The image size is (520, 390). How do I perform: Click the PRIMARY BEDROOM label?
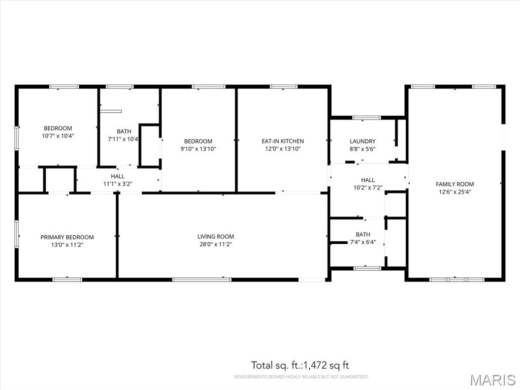pyautogui.click(x=67, y=237)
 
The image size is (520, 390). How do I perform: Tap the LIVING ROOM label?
pyautogui.click(x=215, y=237)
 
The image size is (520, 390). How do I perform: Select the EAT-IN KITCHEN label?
pyautogui.click(x=282, y=141)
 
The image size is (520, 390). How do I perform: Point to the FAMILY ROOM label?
pyautogui.click(x=454, y=184)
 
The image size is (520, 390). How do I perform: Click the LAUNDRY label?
pyautogui.click(x=363, y=141)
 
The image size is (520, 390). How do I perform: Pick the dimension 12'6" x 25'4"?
pyautogui.click(x=454, y=191)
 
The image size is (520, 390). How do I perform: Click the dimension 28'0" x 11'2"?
pyautogui.click(x=215, y=244)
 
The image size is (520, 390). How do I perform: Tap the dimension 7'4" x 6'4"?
pyautogui.click(x=363, y=242)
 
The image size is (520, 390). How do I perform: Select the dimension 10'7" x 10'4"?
pyautogui.click(x=58, y=136)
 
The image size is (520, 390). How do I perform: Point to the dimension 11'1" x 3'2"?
pyautogui.click(x=118, y=184)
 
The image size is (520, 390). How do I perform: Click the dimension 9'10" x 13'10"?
pyautogui.click(x=198, y=149)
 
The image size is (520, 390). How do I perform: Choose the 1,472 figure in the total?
pyautogui.click(x=314, y=366)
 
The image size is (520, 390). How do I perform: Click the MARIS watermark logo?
pyautogui.click(x=493, y=380)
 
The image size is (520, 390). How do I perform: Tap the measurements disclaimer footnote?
pyautogui.click(x=301, y=377)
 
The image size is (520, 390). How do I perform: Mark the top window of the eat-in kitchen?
pyautogui.click(x=283, y=87)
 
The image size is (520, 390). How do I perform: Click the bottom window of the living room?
pyautogui.click(x=202, y=280)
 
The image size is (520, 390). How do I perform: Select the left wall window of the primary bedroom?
pyautogui.click(x=17, y=234)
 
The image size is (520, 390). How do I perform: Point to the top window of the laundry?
pyautogui.click(x=367, y=117)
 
